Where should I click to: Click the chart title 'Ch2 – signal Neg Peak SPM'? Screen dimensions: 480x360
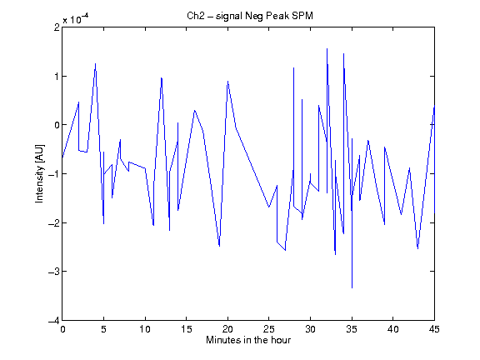point(250,16)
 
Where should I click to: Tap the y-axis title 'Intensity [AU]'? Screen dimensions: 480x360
point(40,173)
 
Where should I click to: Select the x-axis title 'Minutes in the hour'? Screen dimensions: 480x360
point(248,340)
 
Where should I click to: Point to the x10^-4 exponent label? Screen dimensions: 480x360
point(76,19)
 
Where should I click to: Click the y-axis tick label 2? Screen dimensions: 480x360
point(57,27)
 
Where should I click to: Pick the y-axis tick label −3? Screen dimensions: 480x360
point(54,272)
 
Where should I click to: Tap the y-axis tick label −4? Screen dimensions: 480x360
point(54,320)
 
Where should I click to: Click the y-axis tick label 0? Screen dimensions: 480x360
point(57,125)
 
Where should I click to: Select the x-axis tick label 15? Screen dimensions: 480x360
point(187,329)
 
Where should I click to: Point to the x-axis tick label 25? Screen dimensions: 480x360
point(269,329)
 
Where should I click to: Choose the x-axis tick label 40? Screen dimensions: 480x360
point(393,329)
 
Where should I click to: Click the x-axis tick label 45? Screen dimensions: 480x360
point(434,329)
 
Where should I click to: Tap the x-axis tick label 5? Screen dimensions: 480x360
point(104,329)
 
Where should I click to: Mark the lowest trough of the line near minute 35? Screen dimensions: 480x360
point(352,287)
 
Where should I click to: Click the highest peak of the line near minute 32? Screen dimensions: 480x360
point(327,48)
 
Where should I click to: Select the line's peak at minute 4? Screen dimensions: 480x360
point(96,63)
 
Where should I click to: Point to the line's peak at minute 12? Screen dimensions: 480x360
point(162,77)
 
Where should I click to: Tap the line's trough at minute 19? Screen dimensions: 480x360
point(219,246)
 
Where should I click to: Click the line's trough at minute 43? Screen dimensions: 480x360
point(417,248)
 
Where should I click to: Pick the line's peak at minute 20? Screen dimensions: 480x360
point(227,81)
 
